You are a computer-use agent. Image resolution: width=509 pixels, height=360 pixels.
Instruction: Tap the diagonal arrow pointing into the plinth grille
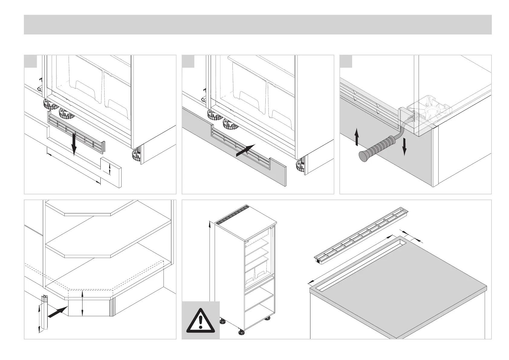(x=245, y=150)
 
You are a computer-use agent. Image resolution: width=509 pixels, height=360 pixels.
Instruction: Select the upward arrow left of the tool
(x=357, y=137)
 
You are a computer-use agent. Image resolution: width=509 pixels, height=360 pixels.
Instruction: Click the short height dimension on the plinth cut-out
(x=109, y=169)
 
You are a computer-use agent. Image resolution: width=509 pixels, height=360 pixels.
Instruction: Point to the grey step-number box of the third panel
(x=346, y=61)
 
